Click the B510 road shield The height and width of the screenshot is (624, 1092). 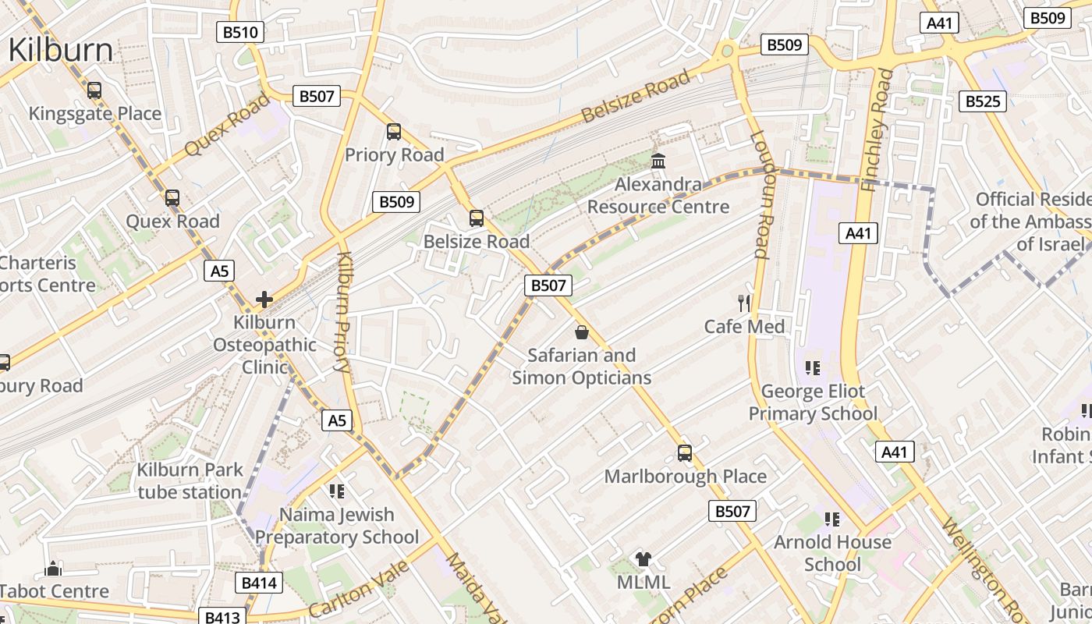[x=239, y=32]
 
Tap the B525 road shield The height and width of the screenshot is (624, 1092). [x=982, y=101]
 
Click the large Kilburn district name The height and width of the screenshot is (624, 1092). [x=61, y=50]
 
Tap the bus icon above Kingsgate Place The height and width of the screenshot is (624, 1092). [x=94, y=90]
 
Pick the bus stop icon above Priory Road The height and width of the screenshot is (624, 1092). [x=394, y=132]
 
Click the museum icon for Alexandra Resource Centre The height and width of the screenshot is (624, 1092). [x=658, y=161]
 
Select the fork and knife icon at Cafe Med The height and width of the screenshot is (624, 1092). [x=744, y=303]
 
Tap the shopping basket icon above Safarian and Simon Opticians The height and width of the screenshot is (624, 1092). [x=581, y=332]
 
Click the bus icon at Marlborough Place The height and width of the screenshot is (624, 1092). [x=685, y=452]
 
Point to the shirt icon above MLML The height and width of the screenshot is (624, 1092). [x=643, y=558]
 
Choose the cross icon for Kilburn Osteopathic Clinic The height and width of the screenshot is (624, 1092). [x=264, y=299]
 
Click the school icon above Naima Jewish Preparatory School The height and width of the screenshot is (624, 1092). [x=337, y=491]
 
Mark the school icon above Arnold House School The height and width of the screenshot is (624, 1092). [x=832, y=519]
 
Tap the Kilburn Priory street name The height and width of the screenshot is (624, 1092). [x=344, y=312]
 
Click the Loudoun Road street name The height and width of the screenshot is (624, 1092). [x=760, y=194]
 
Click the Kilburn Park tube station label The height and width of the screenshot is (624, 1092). [x=190, y=480]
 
